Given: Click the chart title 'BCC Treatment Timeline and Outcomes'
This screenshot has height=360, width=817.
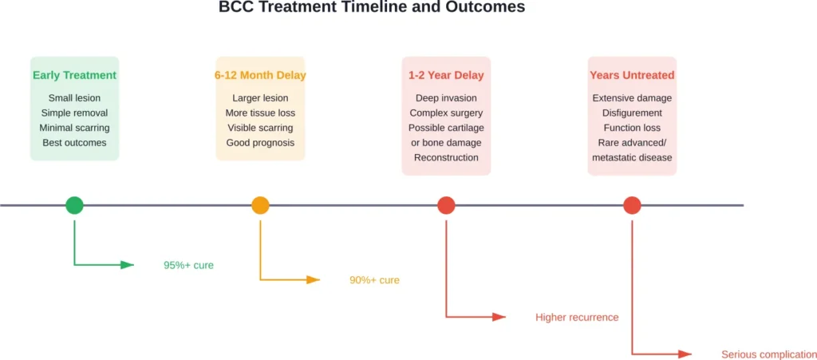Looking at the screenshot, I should click(x=372, y=8).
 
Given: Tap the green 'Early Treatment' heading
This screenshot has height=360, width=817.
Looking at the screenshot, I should click(x=74, y=76).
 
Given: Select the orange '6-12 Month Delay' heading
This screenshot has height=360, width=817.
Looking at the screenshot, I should click(x=260, y=76).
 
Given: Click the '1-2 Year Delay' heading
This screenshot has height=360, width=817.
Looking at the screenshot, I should click(x=446, y=76).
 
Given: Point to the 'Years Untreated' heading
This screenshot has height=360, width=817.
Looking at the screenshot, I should click(x=632, y=76).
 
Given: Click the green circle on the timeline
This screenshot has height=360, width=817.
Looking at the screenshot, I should click(x=74, y=205).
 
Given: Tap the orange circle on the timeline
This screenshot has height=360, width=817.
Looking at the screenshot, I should click(x=260, y=205).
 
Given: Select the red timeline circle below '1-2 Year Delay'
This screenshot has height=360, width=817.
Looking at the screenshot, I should click(x=446, y=205).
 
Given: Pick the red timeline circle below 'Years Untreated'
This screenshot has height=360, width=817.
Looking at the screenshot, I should click(x=632, y=205).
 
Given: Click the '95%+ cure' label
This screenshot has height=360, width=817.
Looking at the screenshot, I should click(x=188, y=265).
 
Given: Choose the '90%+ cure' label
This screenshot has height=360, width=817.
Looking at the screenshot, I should click(x=374, y=280).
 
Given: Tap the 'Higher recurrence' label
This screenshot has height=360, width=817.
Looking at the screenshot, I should click(x=577, y=318).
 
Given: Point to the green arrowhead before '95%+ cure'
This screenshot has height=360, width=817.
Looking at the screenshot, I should click(x=128, y=265).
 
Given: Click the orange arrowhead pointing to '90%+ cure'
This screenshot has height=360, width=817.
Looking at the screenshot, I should click(x=314, y=280).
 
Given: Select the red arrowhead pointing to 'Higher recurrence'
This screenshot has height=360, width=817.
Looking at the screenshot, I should click(x=499, y=318).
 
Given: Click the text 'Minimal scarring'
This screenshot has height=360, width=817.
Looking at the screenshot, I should click(x=74, y=128).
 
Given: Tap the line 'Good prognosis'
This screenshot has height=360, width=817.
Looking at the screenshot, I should click(x=260, y=143).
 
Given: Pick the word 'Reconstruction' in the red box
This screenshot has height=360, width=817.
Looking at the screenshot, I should click(x=446, y=158).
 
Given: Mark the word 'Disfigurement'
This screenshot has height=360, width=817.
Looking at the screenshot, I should click(x=632, y=113).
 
